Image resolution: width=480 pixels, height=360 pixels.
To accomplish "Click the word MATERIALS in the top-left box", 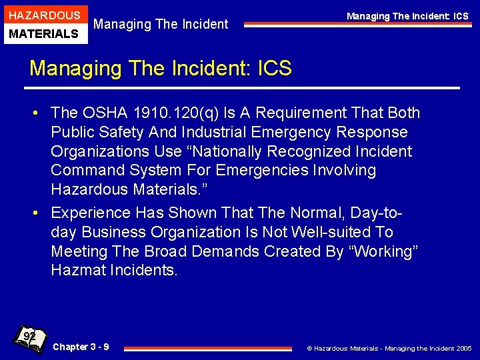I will coord(45,33).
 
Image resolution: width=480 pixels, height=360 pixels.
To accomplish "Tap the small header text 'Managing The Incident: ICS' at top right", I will coord(407,16).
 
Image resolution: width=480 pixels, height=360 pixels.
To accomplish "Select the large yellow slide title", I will coord(161,68).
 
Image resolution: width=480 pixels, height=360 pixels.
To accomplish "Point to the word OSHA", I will coord(106,113).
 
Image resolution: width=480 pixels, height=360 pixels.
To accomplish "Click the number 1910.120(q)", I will coord(175,113).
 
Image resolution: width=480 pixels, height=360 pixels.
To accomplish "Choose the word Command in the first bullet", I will coord(87,171).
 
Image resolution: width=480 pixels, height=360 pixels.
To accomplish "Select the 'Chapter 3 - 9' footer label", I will coord(81,347).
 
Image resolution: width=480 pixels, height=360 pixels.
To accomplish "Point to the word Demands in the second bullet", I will coord(220,251).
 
